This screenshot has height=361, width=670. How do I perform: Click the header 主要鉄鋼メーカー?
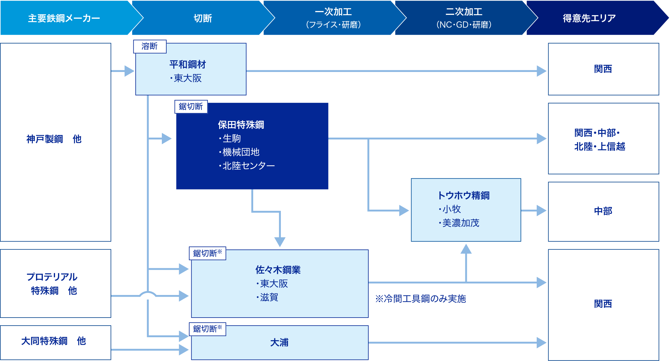64,18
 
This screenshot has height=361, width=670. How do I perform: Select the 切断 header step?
203,18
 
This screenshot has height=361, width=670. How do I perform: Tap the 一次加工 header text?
333,12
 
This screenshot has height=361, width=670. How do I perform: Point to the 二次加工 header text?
464,12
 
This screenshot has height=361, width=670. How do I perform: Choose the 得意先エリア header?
589,18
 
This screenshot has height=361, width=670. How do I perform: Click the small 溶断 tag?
150,46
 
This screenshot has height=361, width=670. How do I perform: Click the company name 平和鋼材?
187,64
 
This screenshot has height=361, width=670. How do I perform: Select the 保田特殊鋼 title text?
241,125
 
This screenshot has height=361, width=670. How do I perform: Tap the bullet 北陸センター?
248,166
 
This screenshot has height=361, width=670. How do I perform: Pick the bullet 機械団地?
241,152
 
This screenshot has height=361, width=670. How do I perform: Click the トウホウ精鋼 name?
464,195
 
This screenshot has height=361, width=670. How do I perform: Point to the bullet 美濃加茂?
461,223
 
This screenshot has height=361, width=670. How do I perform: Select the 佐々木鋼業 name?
278,270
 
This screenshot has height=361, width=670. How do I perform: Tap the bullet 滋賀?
269,297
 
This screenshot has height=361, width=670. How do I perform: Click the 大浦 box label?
279,343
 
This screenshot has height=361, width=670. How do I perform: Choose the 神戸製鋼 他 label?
54,139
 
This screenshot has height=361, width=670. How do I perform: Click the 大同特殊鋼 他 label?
54,341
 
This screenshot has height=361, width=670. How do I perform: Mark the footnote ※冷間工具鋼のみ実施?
420,299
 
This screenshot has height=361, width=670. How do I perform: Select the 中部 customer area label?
603,211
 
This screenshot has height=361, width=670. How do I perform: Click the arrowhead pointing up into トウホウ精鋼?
466,249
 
